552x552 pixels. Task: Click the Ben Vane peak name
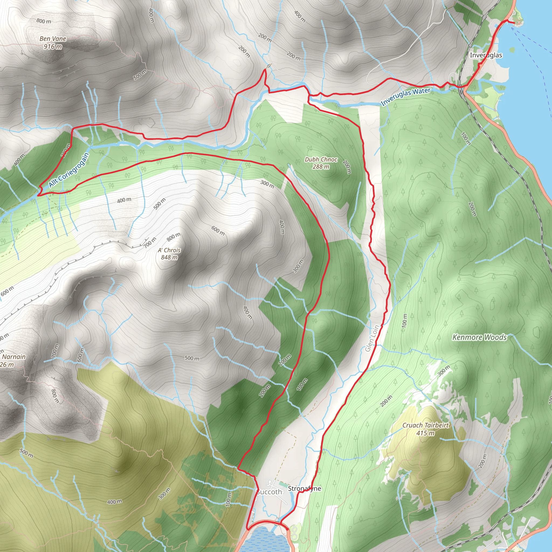pos(53,39)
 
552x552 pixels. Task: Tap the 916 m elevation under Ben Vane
pos(53,46)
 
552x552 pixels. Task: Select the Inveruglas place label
pos(486,55)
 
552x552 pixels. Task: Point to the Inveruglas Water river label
pos(406,96)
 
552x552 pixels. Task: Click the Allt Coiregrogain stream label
pos(69,170)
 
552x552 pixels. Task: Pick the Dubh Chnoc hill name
pos(321,160)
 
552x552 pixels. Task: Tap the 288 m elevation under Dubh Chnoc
pos(321,167)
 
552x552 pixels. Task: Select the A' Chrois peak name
pos(169,250)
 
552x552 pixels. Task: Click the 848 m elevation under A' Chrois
pos(169,257)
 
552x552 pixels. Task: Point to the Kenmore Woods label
pos(479,337)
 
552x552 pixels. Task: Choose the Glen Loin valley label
pos(372,339)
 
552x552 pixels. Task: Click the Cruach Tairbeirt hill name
pos(425,425)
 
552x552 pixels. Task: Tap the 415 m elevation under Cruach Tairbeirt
pos(425,433)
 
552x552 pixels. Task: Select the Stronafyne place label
pos(304,489)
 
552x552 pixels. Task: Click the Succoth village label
pos(269,492)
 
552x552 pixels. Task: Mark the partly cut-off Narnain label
pos(14,357)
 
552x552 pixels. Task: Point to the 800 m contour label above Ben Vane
pos(44,21)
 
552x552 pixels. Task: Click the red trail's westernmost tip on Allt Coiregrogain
pos(38,195)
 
